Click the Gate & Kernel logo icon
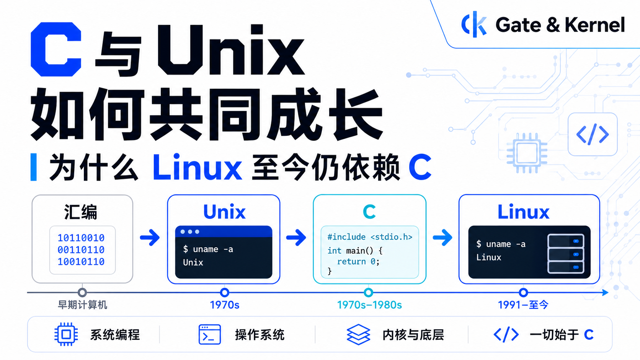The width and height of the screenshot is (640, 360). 474,24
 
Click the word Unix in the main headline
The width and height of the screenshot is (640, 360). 231,50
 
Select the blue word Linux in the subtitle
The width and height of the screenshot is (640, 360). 198,167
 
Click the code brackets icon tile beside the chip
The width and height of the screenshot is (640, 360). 593,134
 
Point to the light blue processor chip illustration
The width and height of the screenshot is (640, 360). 527,153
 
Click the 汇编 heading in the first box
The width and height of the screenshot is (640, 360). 81,212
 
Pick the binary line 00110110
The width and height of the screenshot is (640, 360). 81,250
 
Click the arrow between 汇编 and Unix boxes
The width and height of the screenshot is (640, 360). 150,237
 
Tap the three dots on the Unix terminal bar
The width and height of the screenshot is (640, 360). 190,231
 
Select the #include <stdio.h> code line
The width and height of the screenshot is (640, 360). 370,237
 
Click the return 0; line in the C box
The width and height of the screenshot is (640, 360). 358,262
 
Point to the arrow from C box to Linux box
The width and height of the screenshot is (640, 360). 442,237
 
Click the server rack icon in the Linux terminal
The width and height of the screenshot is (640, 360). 566,254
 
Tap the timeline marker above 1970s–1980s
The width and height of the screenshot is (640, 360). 369,292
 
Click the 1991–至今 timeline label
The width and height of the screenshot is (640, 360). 523,305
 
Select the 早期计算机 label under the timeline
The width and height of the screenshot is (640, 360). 82,305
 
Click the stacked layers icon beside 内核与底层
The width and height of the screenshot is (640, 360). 358,334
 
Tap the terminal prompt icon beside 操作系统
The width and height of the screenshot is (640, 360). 210,334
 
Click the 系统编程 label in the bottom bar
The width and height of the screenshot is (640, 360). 115,335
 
